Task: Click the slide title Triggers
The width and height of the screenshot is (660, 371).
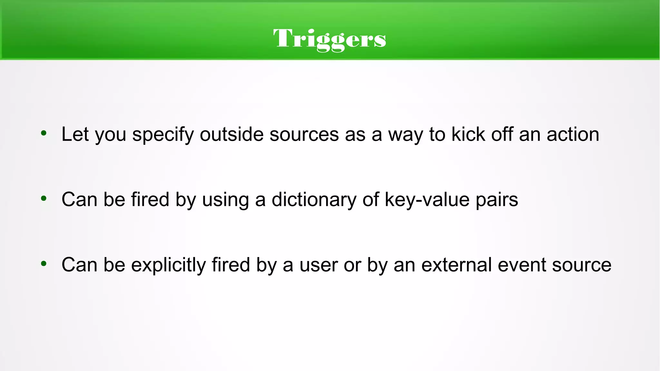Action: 329,39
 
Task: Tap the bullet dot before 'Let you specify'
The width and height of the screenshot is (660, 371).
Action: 44,133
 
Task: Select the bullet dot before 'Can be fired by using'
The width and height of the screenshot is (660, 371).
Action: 44,198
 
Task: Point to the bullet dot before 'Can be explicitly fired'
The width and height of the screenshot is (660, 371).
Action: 44,264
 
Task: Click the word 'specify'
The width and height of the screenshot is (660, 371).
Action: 163,135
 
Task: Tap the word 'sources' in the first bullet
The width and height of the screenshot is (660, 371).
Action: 304,134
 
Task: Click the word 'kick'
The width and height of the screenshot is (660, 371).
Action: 468,134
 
